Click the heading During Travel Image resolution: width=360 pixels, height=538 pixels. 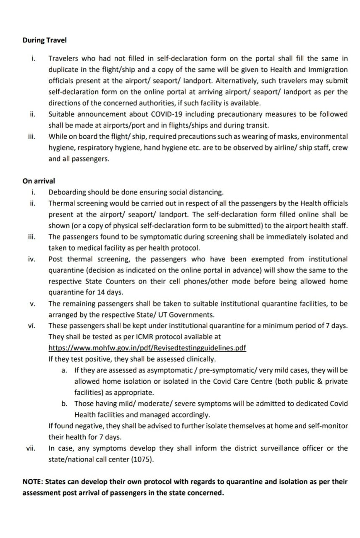[44, 40]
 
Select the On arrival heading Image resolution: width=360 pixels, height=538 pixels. [39, 181]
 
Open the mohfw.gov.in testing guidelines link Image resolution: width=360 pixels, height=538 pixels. [147, 348]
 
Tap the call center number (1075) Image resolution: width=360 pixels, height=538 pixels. [142, 459]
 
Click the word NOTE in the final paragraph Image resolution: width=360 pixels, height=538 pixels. [32, 482]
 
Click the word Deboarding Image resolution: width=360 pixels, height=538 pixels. [67, 192]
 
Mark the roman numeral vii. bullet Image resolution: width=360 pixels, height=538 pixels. [31, 448]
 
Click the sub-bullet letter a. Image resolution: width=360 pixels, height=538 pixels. [64, 370]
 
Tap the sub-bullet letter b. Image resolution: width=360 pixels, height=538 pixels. [64, 403]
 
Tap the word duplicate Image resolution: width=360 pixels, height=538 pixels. [64, 69]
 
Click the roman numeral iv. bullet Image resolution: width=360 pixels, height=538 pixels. [31, 259]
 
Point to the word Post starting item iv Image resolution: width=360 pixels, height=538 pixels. [56, 259]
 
